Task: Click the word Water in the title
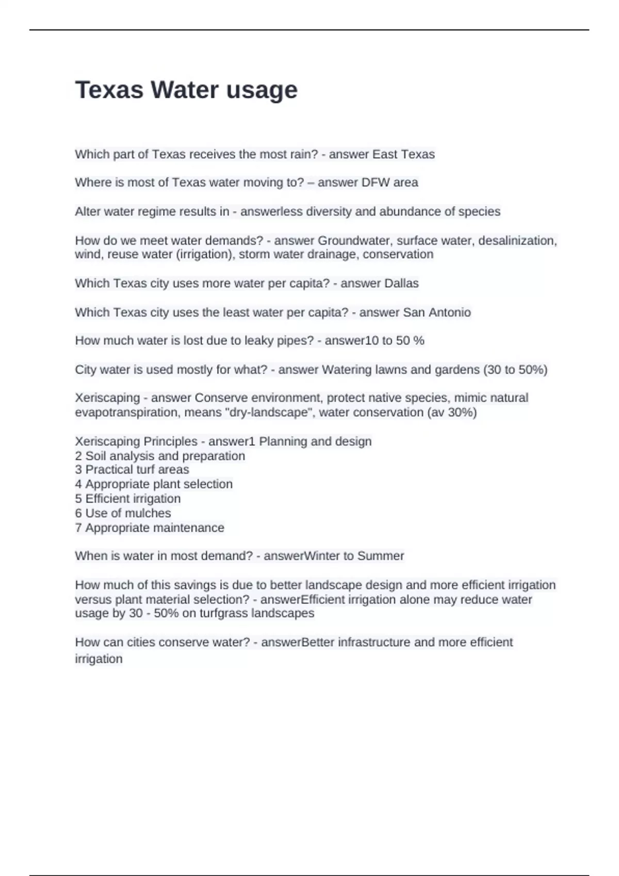pyautogui.click(x=185, y=90)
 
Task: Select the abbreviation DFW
pyautogui.click(x=376, y=182)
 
